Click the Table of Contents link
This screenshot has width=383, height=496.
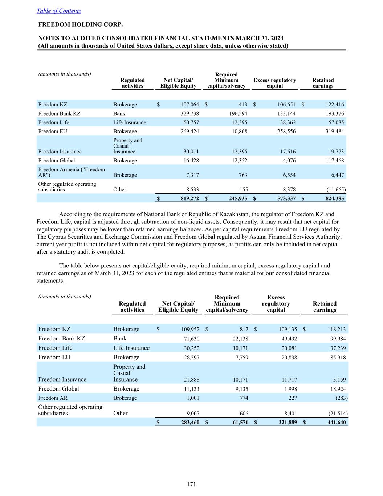(59, 11)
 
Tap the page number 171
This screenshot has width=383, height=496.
(191, 484)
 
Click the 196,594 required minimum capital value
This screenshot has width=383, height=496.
(238, 113)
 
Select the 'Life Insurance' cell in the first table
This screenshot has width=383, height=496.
(130, 122)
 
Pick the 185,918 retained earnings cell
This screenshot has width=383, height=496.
(336, 358)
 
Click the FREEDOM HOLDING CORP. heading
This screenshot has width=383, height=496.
(81, 25)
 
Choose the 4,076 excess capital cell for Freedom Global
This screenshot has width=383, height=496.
(289, 161)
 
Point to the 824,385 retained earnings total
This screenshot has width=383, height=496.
(334, 199)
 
